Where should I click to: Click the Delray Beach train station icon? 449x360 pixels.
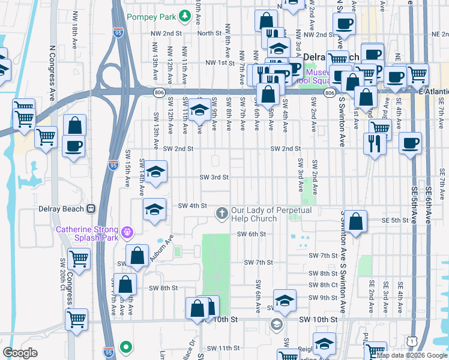coord(91,208)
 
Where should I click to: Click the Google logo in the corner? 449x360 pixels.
coord(20,353)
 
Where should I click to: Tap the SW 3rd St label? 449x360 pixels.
coord(214,177)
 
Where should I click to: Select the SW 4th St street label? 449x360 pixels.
coord(192,206)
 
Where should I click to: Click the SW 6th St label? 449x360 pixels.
coord(251,234)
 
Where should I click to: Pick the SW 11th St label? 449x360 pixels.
coord(223,348)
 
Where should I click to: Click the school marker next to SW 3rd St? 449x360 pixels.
coord(155,173)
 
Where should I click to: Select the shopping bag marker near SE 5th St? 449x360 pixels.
coord(356,221)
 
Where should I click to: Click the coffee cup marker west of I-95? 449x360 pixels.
coord(73,146)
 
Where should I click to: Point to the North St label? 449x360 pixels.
coord(209,34)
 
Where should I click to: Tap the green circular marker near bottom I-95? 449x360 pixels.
coord(125,346)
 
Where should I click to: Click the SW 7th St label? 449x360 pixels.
coord(258,262)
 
